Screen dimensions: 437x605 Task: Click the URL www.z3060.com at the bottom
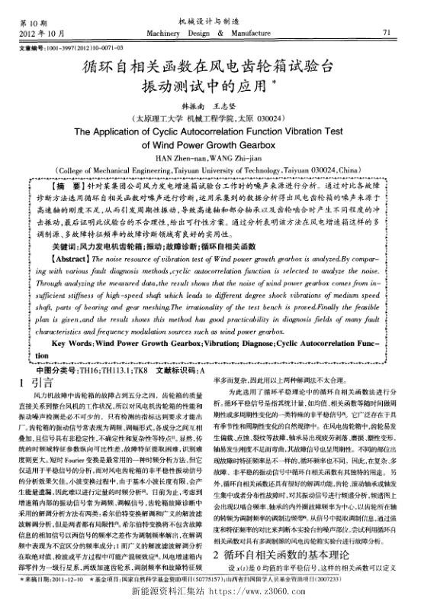click(x=278, y=593)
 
